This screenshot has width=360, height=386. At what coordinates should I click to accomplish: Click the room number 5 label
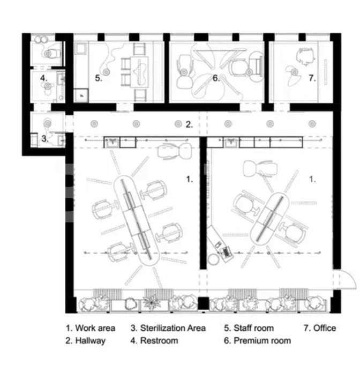(99, 78)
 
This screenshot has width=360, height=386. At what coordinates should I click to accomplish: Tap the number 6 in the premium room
(216, 78)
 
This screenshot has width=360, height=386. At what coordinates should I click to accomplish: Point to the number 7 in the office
(312, 78)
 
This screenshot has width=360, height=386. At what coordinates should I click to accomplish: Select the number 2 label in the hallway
(189, 124)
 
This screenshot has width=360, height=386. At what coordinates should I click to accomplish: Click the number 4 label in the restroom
(43, 78)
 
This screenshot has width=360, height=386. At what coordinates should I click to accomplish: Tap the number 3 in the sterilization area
(44, 139)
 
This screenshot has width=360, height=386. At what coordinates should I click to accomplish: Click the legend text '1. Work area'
(91, 328)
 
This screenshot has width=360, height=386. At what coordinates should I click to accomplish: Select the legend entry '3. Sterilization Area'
(168, 328)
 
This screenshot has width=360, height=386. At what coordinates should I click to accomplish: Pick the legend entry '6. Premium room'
(257, 340)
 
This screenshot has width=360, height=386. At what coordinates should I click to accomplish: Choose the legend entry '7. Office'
(320, 328)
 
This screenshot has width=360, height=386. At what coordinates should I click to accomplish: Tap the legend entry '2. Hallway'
(85, 341)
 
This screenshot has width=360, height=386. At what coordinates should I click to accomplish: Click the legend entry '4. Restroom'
(154, 340)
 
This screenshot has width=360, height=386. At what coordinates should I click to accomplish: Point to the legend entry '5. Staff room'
(249, 328)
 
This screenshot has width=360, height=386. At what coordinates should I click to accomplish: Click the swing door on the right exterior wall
(348, 279)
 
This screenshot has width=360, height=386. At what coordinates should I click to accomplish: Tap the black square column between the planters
(203, 303)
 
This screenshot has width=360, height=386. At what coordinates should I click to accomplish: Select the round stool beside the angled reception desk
(213, 259)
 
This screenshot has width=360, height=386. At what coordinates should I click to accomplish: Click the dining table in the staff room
(139, 72)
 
